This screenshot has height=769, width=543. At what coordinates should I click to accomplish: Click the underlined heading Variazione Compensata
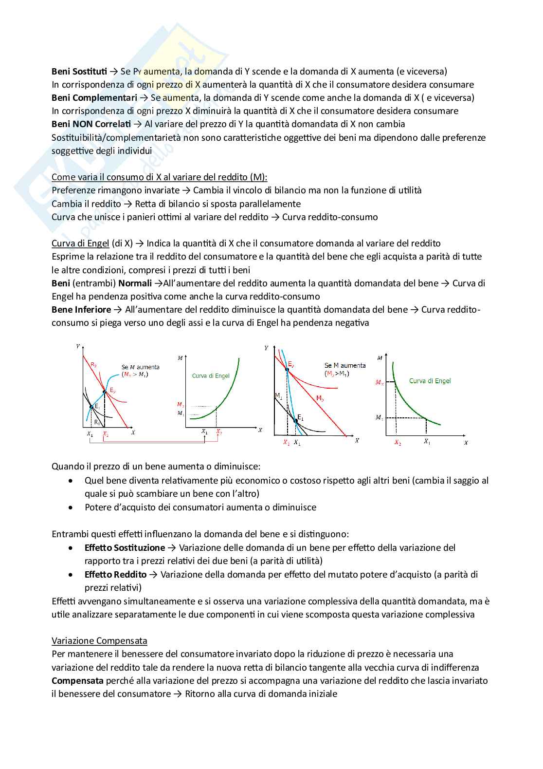99,641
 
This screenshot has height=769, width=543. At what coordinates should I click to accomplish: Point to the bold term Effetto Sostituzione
125,548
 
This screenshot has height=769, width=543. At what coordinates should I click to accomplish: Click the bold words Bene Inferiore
81,310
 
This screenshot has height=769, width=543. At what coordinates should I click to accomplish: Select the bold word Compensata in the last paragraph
77,681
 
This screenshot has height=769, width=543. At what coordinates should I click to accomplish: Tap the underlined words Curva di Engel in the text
80,244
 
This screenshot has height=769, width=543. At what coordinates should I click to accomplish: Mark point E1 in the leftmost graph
91,407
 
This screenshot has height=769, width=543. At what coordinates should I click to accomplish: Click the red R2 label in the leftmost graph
93,364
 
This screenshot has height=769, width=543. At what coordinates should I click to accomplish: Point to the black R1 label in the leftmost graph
96,422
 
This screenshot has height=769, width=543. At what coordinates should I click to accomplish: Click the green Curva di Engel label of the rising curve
210,375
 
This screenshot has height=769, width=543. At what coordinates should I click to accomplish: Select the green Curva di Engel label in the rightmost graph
430,381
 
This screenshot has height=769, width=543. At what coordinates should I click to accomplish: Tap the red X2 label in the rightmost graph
398,443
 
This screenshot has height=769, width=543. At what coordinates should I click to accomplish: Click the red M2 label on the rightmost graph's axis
379,382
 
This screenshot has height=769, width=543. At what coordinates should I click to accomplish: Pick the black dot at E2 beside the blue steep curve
287,370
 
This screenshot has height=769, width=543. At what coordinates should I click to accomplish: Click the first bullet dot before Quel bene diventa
72,481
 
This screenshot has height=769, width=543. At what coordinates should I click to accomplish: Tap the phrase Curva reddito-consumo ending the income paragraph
329,217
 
